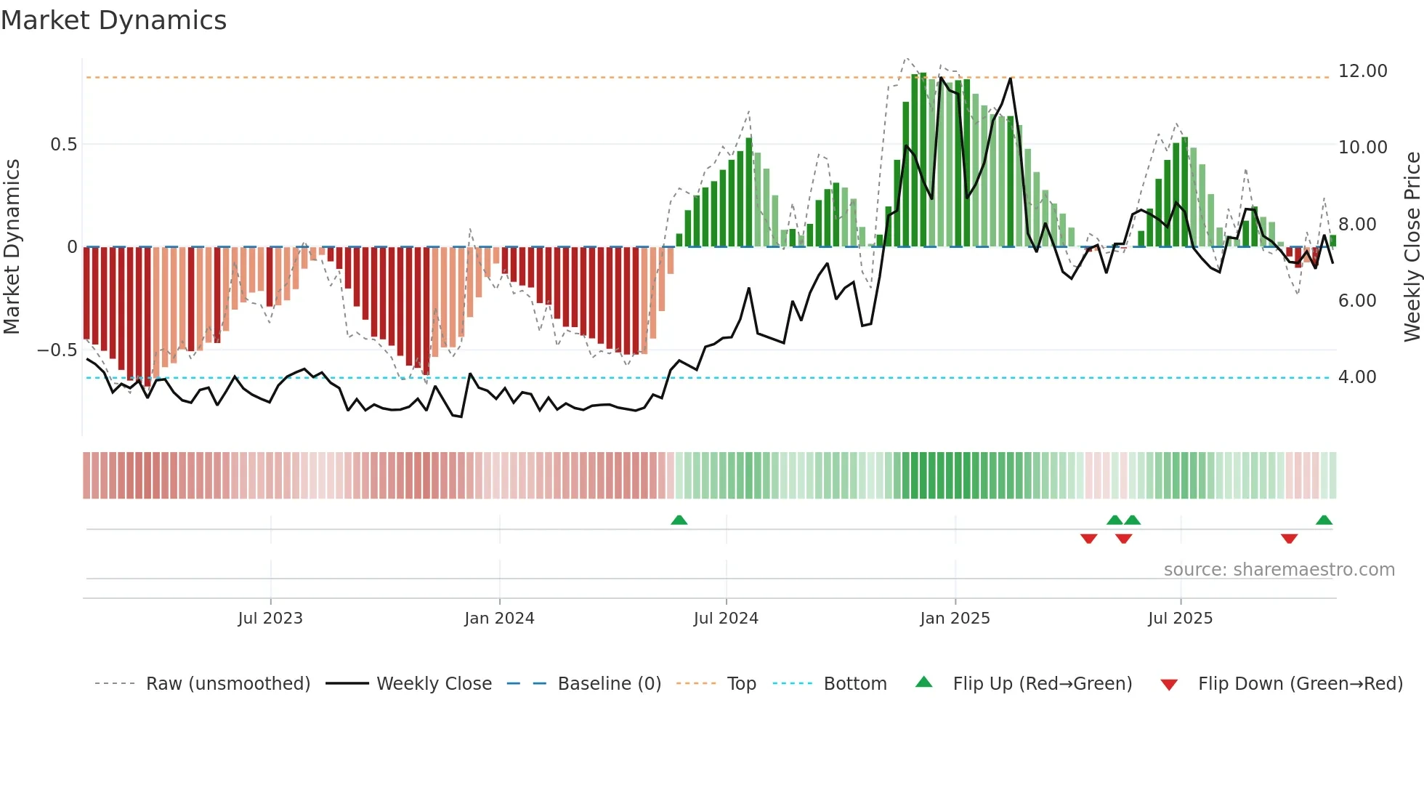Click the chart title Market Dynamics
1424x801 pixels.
pos(113,20)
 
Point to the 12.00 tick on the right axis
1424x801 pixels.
pos(1362,71)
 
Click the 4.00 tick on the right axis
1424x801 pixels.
pos(1356,377)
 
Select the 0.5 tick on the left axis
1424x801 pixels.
pos(63,145)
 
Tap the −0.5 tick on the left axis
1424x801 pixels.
pos(57,350)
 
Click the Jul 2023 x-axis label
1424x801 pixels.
pos(270,619)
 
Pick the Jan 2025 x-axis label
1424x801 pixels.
pos(954,619)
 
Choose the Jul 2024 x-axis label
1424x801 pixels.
pos(725,619)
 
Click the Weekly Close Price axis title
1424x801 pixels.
pos(1412,246)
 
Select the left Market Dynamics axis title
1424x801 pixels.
pos(12,246)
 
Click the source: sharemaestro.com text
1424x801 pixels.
pos(1279,570)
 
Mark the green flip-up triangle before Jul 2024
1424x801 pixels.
pos(679,520)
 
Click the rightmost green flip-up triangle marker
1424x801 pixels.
pos(1324,520)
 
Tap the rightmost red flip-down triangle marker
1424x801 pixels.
pos(1289,539)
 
